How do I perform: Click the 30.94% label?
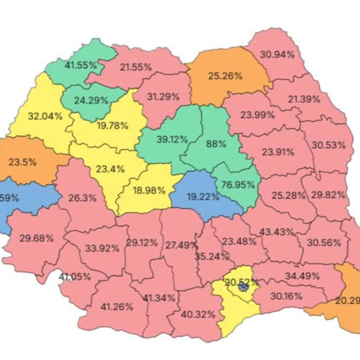(x=277, y=55)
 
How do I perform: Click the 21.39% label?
(x=304, y=99)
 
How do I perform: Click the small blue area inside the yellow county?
(x=243, y=286)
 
